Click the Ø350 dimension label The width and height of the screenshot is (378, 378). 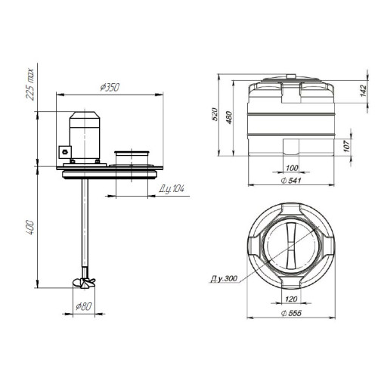(110, 87)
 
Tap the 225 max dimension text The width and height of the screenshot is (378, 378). (30, 84)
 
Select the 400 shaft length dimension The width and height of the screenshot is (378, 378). (29, 228)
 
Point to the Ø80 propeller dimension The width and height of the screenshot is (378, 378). (84, 306)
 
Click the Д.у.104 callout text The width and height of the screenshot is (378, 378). (172, 189)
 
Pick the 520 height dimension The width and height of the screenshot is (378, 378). (214, 114)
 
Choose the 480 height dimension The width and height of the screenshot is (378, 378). (229, 117)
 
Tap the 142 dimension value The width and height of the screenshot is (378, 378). (363, 91)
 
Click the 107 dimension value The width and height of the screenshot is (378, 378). (347, 146)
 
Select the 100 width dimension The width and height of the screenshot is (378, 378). (292, 168)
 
